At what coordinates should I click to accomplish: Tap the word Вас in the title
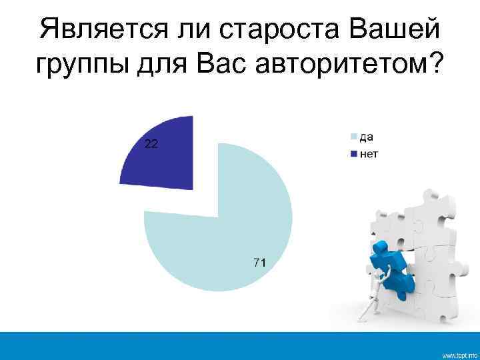point(223,67)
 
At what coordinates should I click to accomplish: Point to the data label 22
point(151,143)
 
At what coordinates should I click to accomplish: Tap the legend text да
point(367,137)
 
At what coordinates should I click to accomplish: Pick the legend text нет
point(369,155)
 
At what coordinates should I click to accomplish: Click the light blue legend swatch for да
point(355,138)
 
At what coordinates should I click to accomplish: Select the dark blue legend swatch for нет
point(355,155)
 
